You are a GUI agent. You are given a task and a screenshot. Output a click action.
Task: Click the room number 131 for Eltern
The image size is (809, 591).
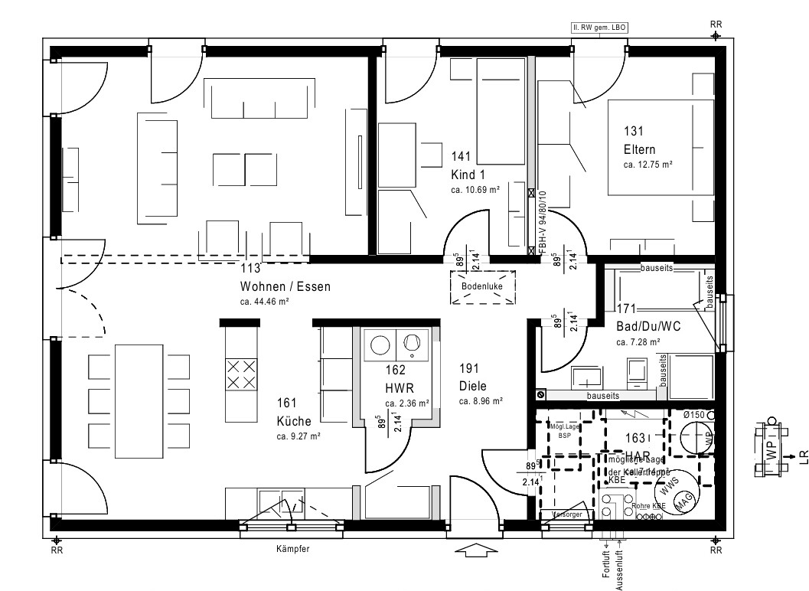pyautogui.click(x=633, y=131)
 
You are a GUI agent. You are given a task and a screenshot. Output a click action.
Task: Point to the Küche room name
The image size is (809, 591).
pyautogui.click(x=293, y=421)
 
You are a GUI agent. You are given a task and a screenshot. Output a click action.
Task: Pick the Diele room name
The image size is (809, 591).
pyautogui.click(x=473, y=386)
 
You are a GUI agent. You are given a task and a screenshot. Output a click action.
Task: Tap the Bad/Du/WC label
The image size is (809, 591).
pyautogui.click(x=648, y=327)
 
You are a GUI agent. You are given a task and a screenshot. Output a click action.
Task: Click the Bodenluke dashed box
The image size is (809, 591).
pyautogui.click(x=483, y=286)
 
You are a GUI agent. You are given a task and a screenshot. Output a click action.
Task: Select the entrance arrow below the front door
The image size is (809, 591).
pyautogui.click(x=475, y=550)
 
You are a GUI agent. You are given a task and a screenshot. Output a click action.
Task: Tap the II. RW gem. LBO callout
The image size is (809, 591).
pyautogui.click(x=599, y=27)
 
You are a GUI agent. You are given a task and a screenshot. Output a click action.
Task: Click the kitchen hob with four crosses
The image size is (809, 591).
pyautogui.click(x=241, y=374)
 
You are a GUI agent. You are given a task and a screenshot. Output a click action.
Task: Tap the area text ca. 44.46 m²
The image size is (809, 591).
pyautogui.click(x=264, y=302)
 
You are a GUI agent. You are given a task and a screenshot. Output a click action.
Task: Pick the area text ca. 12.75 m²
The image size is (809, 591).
pyautogui.click(x=648, y=164)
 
